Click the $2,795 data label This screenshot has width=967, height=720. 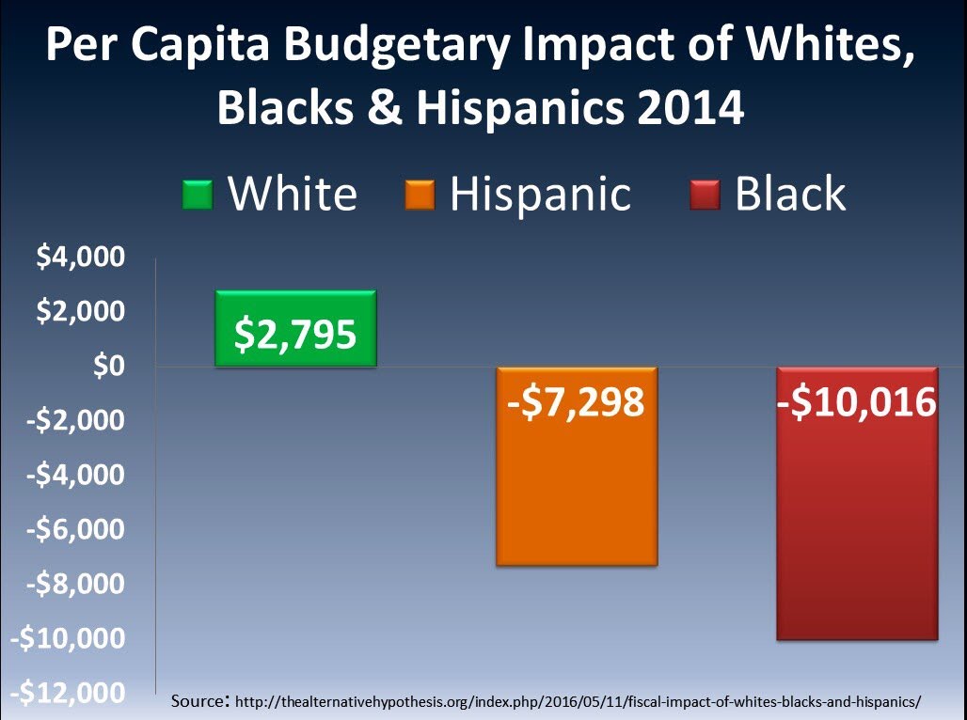pyautogui.click(x=295, y=335)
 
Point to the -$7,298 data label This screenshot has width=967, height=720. pyautogui.click(x=576, y=402)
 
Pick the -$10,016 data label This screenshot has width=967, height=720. pyautogui.click(x=857, y=402)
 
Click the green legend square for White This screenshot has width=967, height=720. pyautogui.click(x=198, y=195)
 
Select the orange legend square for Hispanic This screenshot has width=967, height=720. pyautogui.click(x=419, y=195)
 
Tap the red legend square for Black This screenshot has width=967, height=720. pyautogui.click(x=704, y=195)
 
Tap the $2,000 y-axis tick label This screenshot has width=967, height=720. pyautogui.click(x=80, y=311)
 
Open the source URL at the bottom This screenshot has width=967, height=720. pyautogui.click(x=577, y=702)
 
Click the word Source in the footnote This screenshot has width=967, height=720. pyautogui.click(x=199, y=701)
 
